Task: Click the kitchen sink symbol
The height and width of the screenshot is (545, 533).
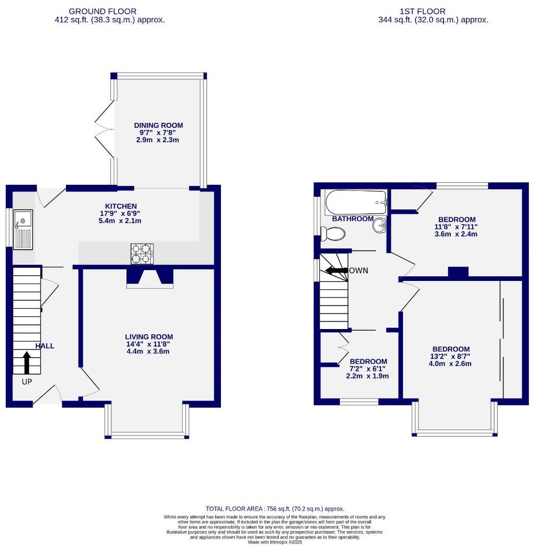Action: [23, 230]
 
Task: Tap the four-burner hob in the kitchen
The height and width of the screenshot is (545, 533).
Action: [143, 254]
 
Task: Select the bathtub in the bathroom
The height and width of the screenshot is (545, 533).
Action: [357, 203]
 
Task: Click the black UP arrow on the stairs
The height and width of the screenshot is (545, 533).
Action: [27, 363]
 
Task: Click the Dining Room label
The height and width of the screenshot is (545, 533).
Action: [158, 125]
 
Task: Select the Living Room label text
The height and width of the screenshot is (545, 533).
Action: [149, 337]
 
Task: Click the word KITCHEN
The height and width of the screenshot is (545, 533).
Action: [118, 206]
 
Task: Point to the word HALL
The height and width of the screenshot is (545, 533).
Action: [45, 346]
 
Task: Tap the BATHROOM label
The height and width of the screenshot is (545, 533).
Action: [352, 219]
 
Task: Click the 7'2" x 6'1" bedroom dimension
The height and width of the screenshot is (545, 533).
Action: [367, 368]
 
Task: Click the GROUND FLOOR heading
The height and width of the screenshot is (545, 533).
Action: [102, 11]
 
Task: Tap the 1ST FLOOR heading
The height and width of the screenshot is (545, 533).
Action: [423, 11]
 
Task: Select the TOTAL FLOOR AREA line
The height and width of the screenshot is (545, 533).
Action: [275, 509]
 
